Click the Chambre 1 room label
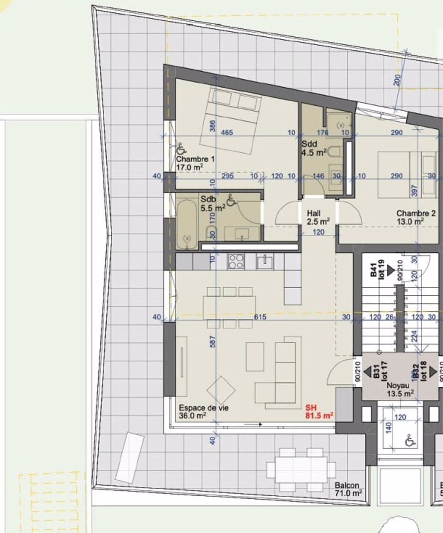190,162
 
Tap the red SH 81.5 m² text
319,411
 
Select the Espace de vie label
204,411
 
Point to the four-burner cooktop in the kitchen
235,262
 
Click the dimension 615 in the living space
260,317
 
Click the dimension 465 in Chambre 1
227,132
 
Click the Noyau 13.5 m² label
400,388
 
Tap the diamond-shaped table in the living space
221,390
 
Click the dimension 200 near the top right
397,80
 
